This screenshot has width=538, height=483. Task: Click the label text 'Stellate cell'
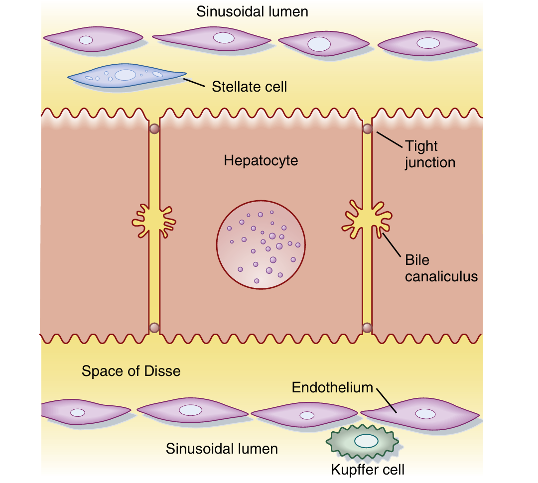click(249, 87)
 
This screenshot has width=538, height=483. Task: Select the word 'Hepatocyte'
click(261, 160)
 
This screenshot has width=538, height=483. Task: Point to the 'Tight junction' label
click(430, 154)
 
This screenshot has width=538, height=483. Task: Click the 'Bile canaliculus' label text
click(441, 268)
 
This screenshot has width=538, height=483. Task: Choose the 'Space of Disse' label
click(131, 371)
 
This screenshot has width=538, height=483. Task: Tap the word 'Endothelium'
click(332, 387)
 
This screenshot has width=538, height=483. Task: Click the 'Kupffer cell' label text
click(368, 470)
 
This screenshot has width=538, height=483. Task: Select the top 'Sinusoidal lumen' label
click(252, 12)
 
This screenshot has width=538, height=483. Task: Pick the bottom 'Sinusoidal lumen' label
click(222, 449)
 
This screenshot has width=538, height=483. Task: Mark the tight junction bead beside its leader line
click(367, 129)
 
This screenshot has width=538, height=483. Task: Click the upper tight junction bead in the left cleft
click(154, 129)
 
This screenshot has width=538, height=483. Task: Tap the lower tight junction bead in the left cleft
click(154, 328)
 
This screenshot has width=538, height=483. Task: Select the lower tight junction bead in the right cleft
click(367, 328)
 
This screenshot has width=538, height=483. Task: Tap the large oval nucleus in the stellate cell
click(125, 75)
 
